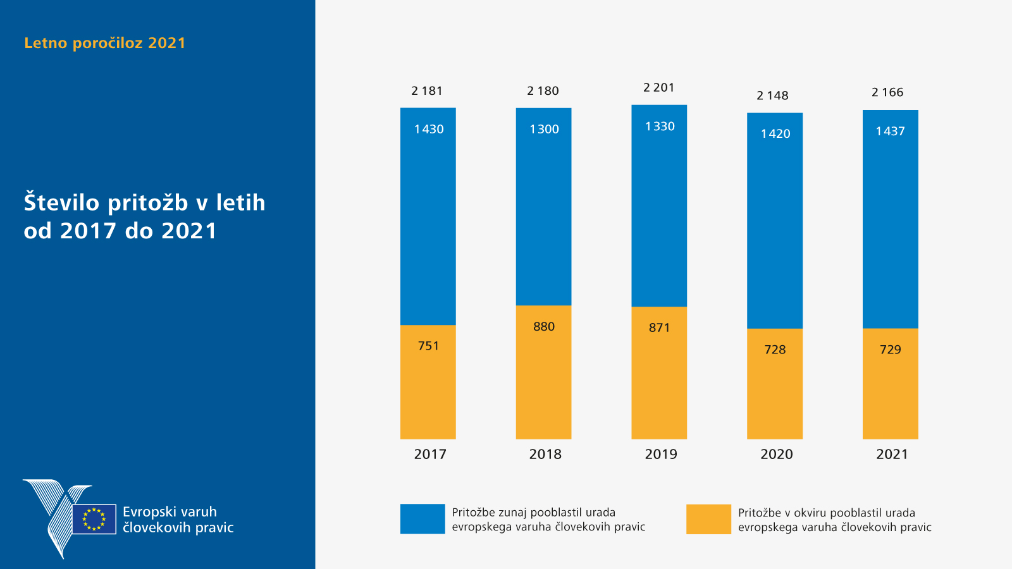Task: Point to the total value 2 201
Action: click(x=658, y=88)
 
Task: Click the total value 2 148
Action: click(x=772, y=96)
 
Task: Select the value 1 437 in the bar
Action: click(x=890, y=132)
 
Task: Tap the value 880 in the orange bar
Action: click(x=543, y=327)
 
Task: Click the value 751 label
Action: click(x=428, y=346)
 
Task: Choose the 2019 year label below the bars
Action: click(x=661, y=455)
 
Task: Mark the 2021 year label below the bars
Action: click(x=892, y=455)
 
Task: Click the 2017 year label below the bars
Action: click(x=430, y=455)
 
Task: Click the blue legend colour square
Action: click(x=423, y=519)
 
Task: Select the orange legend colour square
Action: click(x=708, y=519)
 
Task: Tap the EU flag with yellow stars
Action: click(x=94, y=519)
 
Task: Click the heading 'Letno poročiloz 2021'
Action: click(x=105, y=43)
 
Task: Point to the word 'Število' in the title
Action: click(x=62, y=203)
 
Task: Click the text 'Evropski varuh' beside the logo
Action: click(x=170, y=512)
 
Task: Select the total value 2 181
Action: click(x=427, y=91)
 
